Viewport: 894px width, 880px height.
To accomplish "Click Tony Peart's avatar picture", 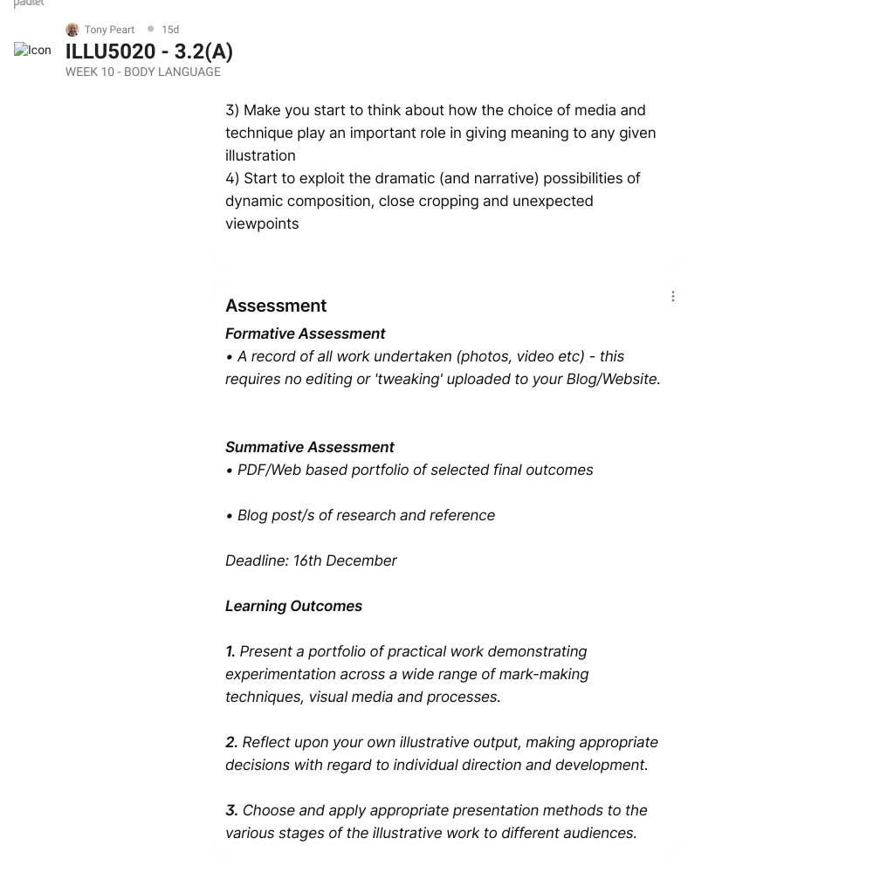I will (72, 30).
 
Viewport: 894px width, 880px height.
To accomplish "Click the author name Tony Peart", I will (109, 30).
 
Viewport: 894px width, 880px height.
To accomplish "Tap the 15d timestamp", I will (170, 30).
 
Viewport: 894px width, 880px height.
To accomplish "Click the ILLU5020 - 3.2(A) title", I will (149, 52).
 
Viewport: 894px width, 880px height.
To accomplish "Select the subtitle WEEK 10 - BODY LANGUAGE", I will (143, 72).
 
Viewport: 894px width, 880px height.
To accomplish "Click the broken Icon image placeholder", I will (32, 50).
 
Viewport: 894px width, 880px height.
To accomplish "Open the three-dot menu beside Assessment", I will (673, 297).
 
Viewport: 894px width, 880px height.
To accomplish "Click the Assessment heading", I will (276, 306).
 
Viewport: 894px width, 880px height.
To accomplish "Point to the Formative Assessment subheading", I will (305, 333).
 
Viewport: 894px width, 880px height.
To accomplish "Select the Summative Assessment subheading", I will (309, 447).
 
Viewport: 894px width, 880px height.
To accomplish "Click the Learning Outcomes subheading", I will (293, 606).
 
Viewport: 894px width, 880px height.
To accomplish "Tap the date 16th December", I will (345, 560).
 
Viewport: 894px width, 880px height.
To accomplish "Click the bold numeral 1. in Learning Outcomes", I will (230, 651).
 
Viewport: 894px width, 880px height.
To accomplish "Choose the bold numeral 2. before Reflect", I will (231, 742).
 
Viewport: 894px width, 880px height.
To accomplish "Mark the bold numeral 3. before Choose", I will (231, 810).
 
